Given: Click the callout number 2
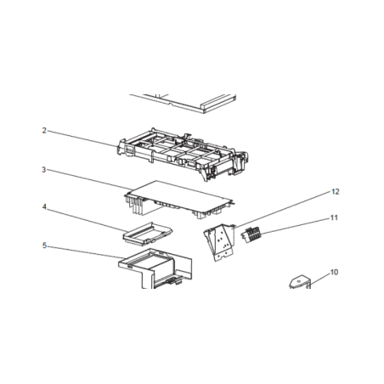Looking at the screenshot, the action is pyautogui.click(x=44, y=131).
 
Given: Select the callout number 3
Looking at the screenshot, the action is pyautogui.click(x=44, y=170).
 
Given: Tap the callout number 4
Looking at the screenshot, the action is pyautogui.click(x=44, y=207).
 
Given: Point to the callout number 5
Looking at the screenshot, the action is pyautogui.click(x=44, y=246).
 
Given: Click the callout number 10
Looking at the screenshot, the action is pyautogui.click(x=334, y=272).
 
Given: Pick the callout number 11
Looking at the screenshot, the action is pyautogui.click(x=334, y=217).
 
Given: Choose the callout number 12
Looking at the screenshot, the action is pyautogui.click(x=336, y=192).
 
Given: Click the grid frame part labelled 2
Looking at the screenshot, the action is pyautogui.click(x=183, y=154).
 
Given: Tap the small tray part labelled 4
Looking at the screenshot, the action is pyautogui.click(x=148, y=234).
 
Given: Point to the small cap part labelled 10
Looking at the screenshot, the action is pyautogui.click(x=300, y=282).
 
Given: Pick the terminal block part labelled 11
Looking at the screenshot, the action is pyautogui.click(x=251, y=234).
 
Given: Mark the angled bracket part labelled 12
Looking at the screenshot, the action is pyautogui.click(x=219, y=242).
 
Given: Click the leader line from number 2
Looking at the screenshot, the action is pyautogui.click(x=82, y=138).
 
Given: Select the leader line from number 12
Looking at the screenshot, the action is pyautogui.click(x=283, y=210).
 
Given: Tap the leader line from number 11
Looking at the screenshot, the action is pyautogui.click(x=296, y=226).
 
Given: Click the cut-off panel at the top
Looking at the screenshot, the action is pyautogui.click(x=183, y=104).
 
